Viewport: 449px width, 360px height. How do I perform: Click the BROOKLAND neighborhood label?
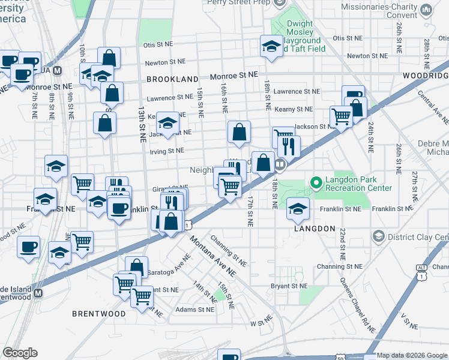[172, 79]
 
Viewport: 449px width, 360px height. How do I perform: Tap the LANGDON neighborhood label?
[315, 229]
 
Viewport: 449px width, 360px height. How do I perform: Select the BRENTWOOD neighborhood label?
[99, 314]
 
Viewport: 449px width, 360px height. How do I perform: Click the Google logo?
[20, 353]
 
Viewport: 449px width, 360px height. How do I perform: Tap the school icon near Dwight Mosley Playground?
[271, 46]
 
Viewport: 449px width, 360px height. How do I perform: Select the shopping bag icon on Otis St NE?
[109, 58]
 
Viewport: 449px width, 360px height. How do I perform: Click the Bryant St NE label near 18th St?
[289, 286]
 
